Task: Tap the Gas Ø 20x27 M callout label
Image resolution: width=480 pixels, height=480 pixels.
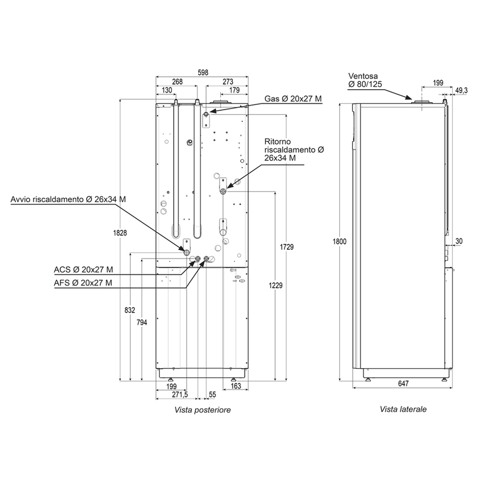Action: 293,99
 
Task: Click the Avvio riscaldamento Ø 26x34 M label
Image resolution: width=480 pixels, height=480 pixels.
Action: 68,199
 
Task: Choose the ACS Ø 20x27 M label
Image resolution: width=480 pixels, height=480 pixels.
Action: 82,269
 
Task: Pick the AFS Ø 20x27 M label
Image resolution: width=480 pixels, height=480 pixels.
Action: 82,282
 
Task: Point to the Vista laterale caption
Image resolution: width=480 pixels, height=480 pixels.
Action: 403,409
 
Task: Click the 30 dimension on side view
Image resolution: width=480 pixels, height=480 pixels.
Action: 459,241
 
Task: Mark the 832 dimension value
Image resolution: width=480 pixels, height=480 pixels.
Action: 129,310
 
